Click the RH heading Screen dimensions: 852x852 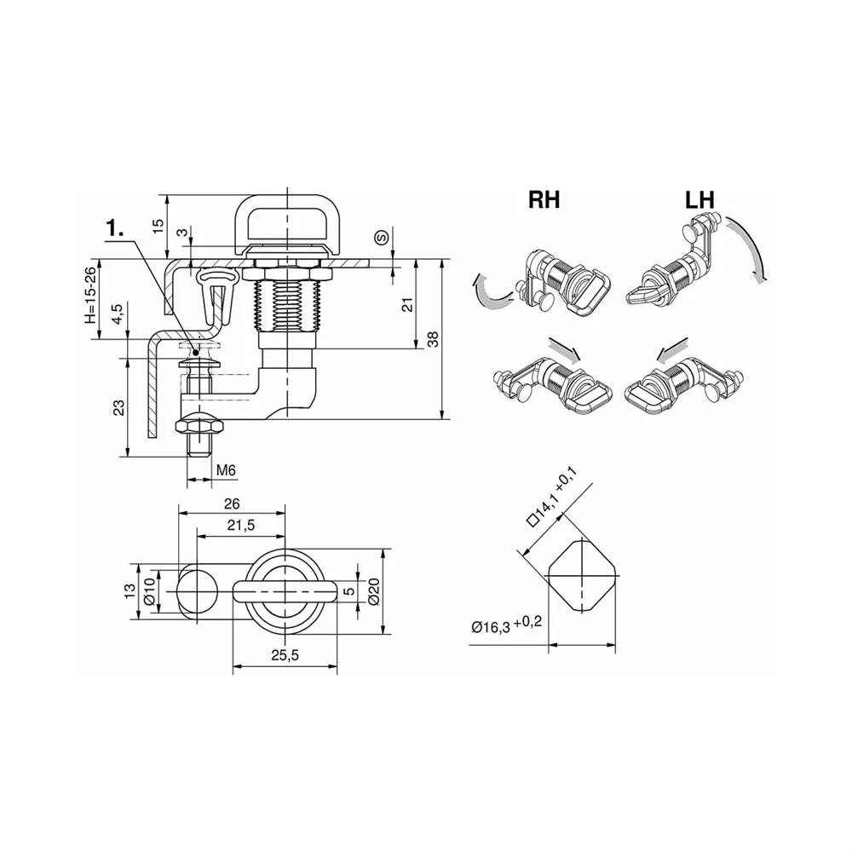[544, 199]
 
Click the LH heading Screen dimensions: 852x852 [699, 199]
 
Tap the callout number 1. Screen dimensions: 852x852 [115, 228]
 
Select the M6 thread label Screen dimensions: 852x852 [226, 470]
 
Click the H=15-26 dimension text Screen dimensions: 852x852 [90, 296]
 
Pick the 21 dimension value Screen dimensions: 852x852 [408, 304]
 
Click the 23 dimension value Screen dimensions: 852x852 [119, 407]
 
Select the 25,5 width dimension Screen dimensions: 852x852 [285, 655]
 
